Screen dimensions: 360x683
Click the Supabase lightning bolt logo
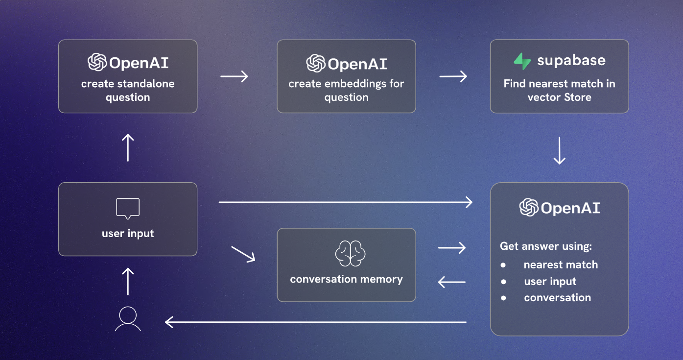pyautogui.click(x=522, y=61)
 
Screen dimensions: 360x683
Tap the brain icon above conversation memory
pyautogui.click(x=350, y=254)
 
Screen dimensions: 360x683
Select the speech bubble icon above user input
pyautogui.click(x=128, y=209)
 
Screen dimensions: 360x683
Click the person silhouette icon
pyautogui.click(x=128, y=319)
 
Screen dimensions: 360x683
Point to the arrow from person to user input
pyautogui.click(x=128, y=281)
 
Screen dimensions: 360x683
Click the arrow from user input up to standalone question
pyautogui.click(x=128, y=147)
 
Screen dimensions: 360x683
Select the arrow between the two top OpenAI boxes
pyautogui.click(x=235, y=76)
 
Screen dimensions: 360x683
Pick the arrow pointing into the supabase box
pyautogui.click(x=453, y=76)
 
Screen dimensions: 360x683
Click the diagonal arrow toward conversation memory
pyautogui.click(x=243, y=254)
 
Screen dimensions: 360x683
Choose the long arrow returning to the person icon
pyautogui.click(x=315, y=322)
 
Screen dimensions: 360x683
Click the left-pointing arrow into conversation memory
pyautogui.click(x=451, y=282)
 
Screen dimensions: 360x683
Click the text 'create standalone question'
pyautogui.click(x=128, y=91)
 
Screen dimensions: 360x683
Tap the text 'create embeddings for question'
pyautogui.click(x=346, y=91)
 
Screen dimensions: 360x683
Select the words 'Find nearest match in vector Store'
pyautogui.click(x=559, y=91)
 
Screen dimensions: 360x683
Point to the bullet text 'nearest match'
pyautogui.click(x=561, y=265)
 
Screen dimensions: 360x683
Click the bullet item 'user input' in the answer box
pyautogui.click(x=550, y=282)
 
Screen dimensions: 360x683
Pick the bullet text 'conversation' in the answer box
pyautogui.click(x=557, y=298)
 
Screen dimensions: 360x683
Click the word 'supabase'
pyautogui.click(x=571, y=61)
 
